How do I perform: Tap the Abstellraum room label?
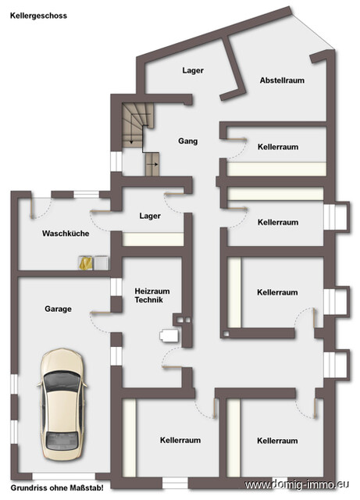click(282, 80)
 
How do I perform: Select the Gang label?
click(187, 141)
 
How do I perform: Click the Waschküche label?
click(65, 234)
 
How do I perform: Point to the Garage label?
click(58, 309)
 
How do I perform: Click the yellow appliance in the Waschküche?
click(86, 263)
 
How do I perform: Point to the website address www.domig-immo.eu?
click(301, 486)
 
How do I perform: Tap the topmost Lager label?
click(193, 70)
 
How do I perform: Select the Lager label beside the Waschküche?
click(150, 216)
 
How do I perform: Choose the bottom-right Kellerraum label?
click(277, 441)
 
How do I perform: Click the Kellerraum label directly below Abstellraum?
click(277, 146)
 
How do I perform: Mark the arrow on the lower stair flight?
click(154, 165)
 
